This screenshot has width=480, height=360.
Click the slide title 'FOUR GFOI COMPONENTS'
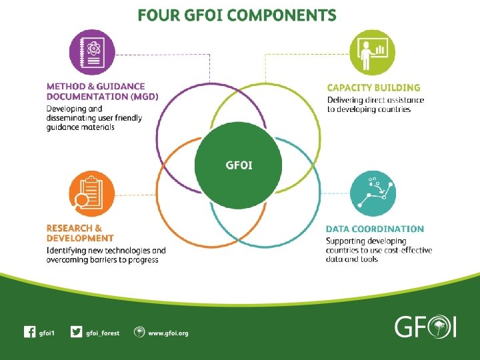(x=237, y=15)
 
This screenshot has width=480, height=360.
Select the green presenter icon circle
(x=372, y=53)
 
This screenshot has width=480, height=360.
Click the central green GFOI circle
(x=239, y=164)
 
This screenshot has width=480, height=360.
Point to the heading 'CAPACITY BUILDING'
(x=373, y=87)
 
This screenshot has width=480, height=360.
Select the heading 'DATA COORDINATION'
(x=375, y=229)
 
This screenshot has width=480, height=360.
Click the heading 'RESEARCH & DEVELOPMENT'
(x=80, y=233)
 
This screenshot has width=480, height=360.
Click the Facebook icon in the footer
(x=29, y=332)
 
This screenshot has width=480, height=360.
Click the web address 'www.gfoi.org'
(x=168, y=333)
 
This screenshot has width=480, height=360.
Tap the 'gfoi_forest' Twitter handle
(x=103, y=333)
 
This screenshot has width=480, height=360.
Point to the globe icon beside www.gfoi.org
(x=139, y=332)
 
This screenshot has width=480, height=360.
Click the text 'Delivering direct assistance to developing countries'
(x=375, y=105)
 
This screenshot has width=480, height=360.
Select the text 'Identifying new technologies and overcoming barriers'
(x=106, y=255)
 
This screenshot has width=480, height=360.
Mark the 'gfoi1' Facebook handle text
(x=47, y=333)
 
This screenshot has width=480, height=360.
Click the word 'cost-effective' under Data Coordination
(x=408, y=250)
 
